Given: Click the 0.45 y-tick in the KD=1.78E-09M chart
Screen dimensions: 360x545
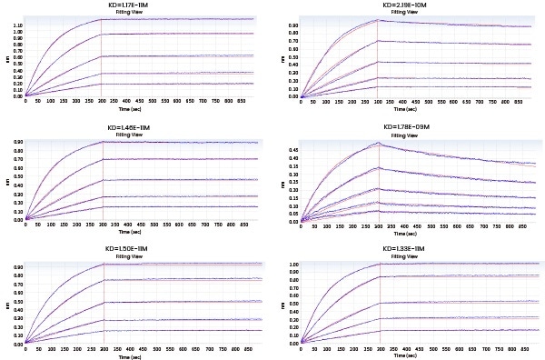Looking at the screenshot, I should [291, 149].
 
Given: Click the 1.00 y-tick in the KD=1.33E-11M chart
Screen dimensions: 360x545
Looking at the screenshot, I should [291, 265].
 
